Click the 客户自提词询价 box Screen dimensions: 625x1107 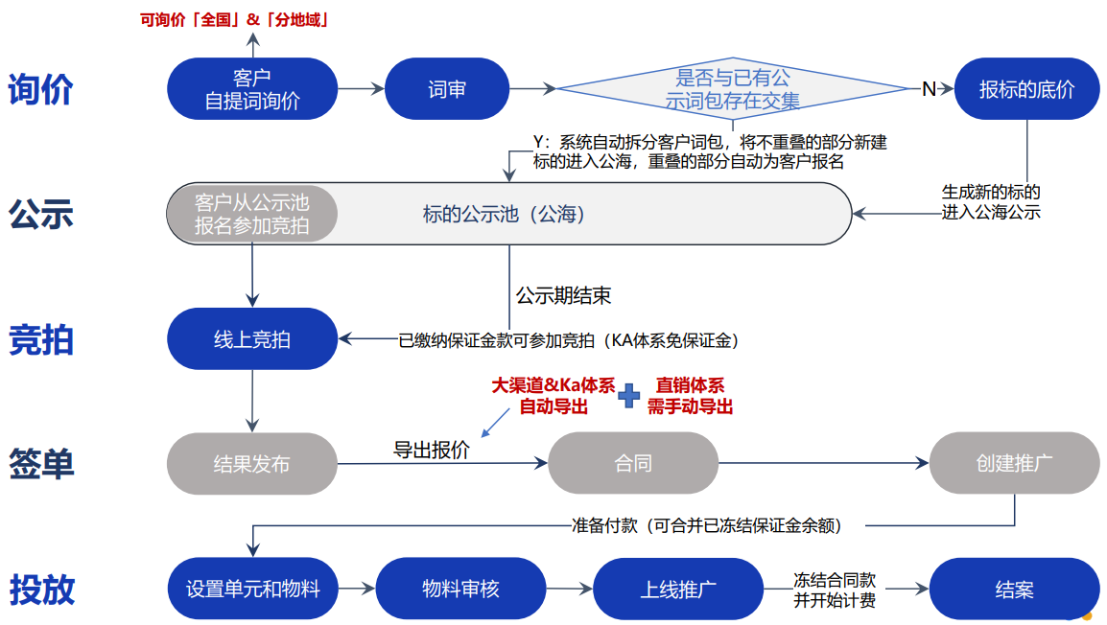252,89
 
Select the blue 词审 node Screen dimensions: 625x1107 446,89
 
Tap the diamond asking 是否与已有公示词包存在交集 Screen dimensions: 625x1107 733,89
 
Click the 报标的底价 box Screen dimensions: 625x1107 1026,89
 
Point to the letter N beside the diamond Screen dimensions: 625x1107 929,89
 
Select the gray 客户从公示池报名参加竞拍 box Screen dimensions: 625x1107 252,214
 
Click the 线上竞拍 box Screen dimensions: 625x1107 252,339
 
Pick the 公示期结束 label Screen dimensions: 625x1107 564,295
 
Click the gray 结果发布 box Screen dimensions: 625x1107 252,464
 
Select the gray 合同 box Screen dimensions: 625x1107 633,464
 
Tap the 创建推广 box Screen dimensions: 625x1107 1014,463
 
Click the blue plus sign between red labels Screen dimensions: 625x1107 629,396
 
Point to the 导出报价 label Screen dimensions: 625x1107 432,450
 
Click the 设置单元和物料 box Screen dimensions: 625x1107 252,589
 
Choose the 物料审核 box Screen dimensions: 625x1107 460,589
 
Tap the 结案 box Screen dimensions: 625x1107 1014,589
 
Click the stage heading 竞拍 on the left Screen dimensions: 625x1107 41,339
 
